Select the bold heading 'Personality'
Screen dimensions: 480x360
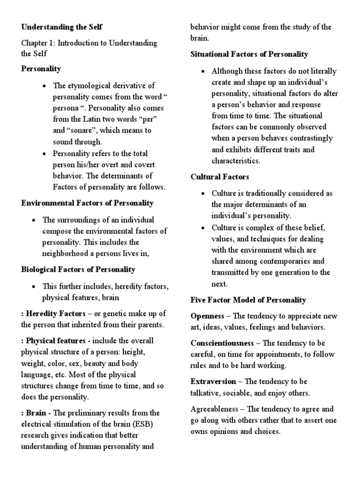[41, 68]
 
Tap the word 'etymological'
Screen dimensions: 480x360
[89, 85]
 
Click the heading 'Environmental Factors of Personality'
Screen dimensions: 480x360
[87, 203]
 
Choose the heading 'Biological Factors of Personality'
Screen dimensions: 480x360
[78, 270]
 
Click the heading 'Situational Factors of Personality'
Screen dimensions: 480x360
[249, 54]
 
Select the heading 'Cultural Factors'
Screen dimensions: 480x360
[220, 177]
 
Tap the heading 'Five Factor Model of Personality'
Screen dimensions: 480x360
[248, 300]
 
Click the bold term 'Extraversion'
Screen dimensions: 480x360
[212, 381]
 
